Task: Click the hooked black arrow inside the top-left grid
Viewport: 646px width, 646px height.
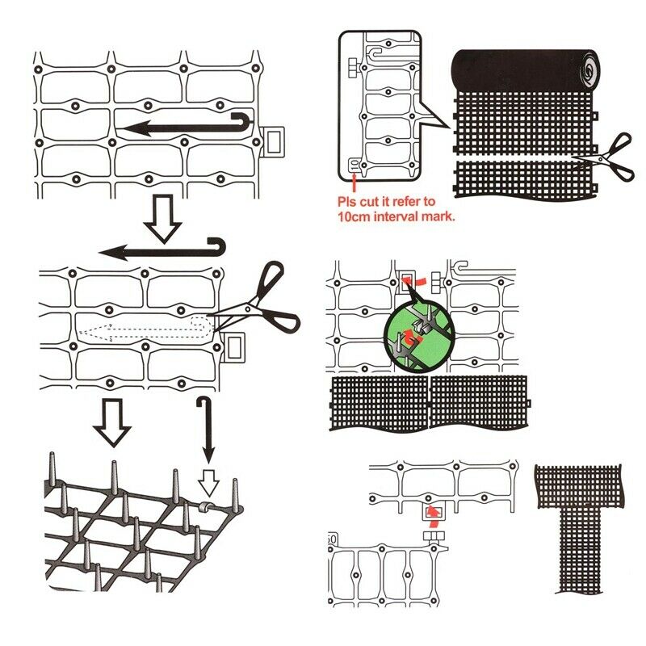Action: tap(186, 125)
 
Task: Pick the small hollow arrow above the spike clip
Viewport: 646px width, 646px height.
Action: tap(208, 483)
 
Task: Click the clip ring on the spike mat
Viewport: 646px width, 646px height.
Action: tap(205, 506)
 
